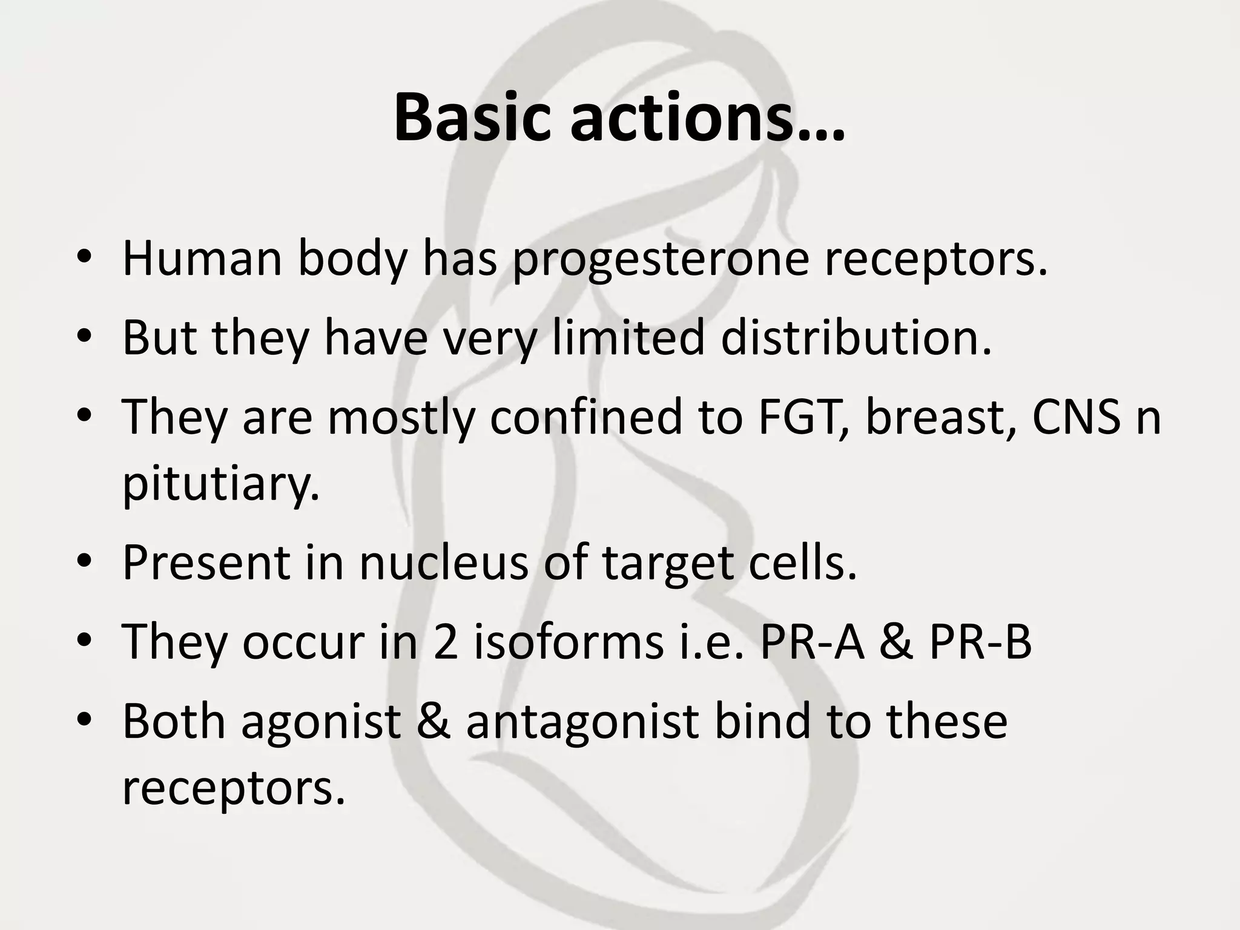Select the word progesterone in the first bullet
661,259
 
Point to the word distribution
856,337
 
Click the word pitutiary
221,485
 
